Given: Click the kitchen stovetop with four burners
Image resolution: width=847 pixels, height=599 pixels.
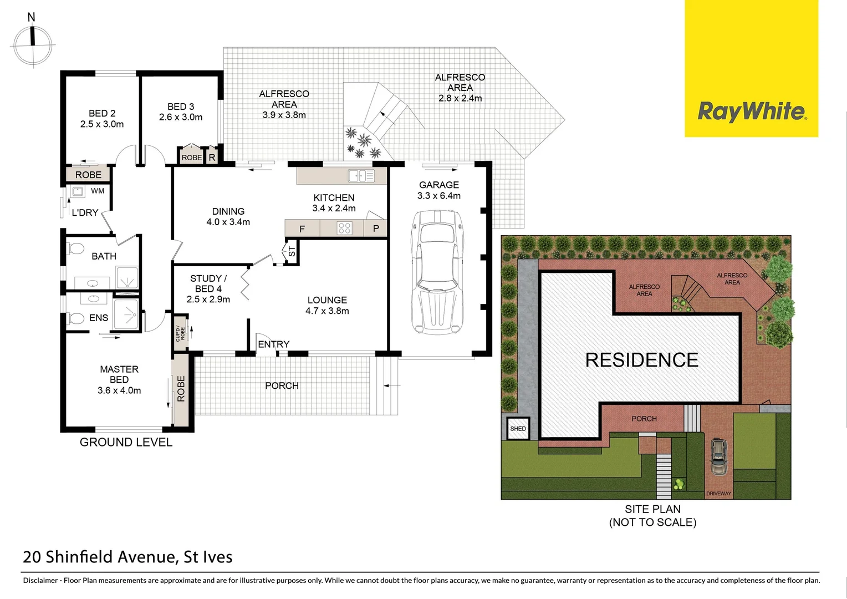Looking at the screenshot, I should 344,228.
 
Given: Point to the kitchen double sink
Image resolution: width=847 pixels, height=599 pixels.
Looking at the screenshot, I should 361,176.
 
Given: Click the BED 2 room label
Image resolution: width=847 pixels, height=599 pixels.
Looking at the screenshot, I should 102,119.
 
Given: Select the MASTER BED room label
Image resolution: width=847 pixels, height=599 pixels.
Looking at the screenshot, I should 119,379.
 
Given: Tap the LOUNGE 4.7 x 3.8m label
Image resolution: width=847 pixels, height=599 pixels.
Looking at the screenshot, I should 327,305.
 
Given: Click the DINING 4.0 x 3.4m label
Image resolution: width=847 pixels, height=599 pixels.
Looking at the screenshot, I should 228,216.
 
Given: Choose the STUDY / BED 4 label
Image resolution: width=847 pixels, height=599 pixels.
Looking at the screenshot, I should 208,288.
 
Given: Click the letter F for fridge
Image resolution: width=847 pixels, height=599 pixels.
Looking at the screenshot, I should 302,229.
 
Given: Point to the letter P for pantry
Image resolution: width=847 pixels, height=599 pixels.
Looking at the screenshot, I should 376,229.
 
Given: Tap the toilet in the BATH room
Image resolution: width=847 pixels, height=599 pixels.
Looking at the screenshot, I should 75,248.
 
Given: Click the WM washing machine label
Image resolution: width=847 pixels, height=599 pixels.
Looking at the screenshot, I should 98,191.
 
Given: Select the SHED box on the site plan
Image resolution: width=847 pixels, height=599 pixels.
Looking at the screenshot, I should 518,428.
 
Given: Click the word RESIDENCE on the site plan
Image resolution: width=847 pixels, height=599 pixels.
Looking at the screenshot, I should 641,360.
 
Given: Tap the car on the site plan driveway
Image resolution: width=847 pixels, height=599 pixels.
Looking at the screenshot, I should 718,456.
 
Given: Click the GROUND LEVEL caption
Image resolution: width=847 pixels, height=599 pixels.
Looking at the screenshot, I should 126,442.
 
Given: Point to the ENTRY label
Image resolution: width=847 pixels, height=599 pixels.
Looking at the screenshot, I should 273,344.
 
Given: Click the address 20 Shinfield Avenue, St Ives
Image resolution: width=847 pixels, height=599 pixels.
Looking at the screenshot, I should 127,557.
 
